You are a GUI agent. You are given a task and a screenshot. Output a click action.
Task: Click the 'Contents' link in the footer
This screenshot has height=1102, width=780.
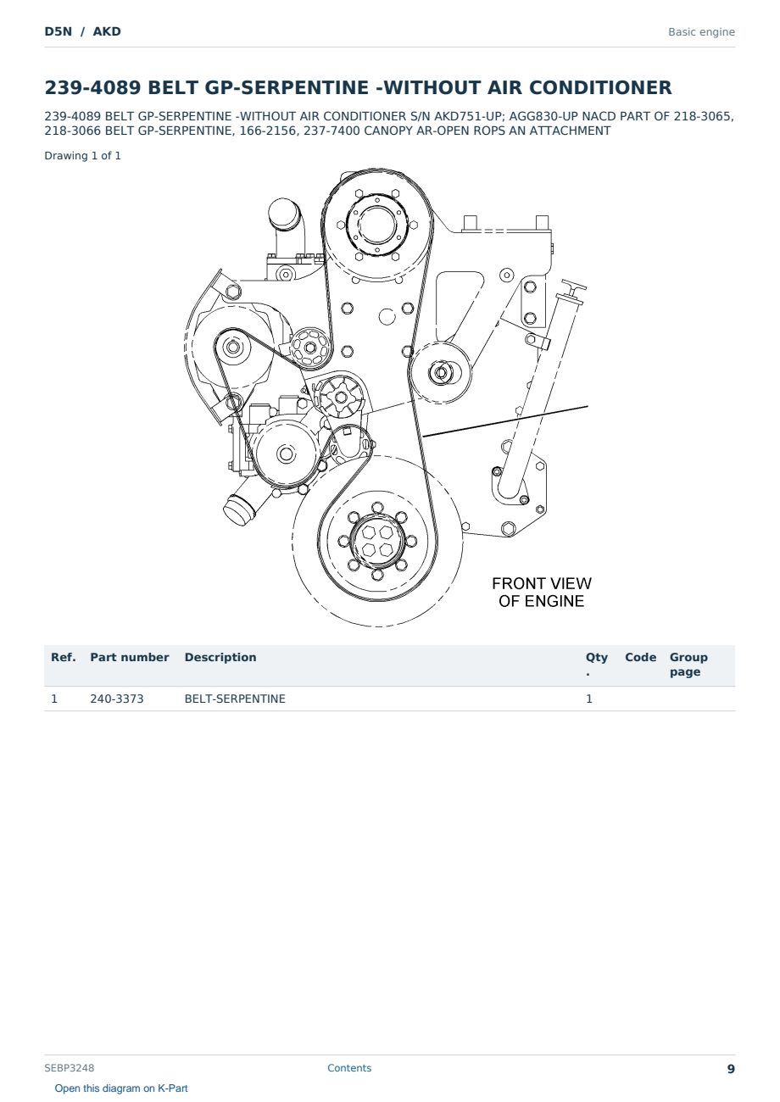point(349,1067)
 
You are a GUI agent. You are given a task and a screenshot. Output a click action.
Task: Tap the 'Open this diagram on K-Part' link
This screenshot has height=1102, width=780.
point(121,1088)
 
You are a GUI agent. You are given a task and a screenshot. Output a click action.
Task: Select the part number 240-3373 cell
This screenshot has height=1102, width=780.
point(117,698)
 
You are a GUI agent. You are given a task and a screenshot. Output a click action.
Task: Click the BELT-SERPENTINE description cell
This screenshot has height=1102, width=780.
point(235,698)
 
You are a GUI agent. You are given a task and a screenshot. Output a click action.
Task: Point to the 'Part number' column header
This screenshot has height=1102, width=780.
point(130,657)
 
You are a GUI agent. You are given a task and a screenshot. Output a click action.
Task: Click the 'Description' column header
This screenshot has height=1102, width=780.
point(220,657)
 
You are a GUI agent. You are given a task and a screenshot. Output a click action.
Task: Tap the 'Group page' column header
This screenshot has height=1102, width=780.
point(688,665)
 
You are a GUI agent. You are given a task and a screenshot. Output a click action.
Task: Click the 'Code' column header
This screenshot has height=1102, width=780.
point(640,657)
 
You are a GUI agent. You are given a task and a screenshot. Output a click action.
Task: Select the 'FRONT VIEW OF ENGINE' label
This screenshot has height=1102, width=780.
point(541,592)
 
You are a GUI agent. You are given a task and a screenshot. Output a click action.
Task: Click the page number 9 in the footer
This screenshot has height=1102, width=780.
point(731,1069)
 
